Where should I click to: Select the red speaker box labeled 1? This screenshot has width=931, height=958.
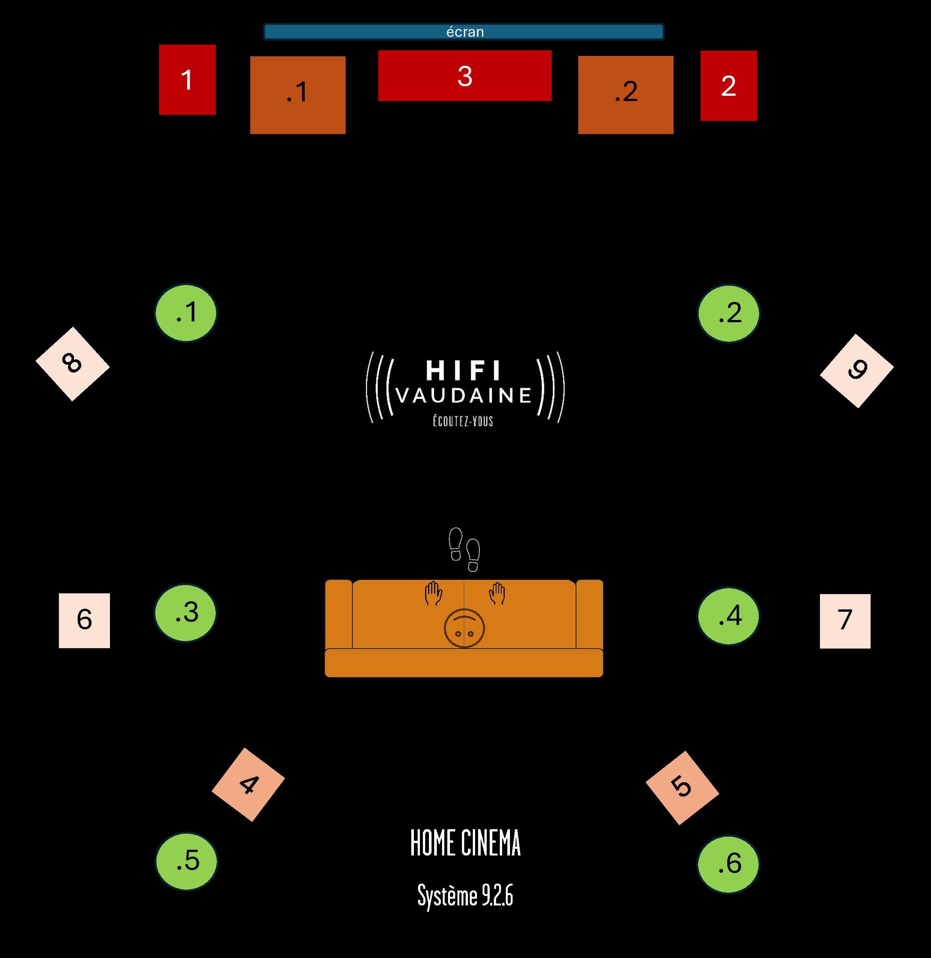187,80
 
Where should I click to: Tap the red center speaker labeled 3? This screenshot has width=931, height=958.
465,75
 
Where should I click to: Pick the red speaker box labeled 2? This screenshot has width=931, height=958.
729,86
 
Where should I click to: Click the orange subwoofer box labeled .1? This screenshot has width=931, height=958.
298,95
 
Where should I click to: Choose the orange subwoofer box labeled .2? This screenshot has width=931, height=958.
626,95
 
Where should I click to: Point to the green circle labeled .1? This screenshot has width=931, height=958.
186,313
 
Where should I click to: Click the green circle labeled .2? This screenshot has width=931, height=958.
729,313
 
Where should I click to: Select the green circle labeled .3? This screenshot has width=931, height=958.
185,613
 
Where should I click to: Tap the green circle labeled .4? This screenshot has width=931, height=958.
729,616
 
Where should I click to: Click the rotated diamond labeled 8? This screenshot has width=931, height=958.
72,364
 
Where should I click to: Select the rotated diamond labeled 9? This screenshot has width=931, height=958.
857,371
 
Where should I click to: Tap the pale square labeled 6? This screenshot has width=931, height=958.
84,620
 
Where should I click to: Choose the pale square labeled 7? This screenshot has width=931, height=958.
845,621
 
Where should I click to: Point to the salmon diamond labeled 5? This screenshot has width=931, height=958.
682,788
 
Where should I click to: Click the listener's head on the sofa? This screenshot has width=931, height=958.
465,628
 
